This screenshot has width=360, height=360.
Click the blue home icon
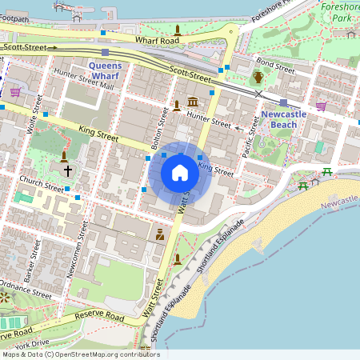pos(180,173)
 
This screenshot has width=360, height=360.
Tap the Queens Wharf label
pos(104,70)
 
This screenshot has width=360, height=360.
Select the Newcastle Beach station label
pos(282,119)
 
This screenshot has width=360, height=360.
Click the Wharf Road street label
pos(157,40)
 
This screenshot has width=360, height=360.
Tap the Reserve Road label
pos(100,316)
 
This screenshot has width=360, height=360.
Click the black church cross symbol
pos(67,170)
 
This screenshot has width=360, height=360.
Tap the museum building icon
pos(192,102)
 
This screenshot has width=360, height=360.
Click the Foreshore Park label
pos(342,11)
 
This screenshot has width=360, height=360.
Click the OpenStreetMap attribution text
pos(80,354)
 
